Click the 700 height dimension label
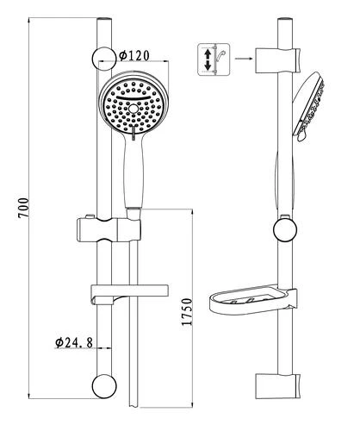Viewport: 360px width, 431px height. point(23,208)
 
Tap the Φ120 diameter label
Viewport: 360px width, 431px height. point(134,55)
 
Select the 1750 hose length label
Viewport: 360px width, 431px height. point(187,312)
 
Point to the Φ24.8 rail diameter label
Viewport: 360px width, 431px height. point(74,342)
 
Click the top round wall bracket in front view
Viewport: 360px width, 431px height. point(104,59)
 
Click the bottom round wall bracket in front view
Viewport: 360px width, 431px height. point(104,386)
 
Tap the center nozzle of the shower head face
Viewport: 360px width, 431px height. point(133,109)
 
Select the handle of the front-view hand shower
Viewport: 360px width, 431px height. point(133,172)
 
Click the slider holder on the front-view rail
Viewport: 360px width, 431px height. point(109,230)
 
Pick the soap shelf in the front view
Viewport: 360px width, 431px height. point(129,294)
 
